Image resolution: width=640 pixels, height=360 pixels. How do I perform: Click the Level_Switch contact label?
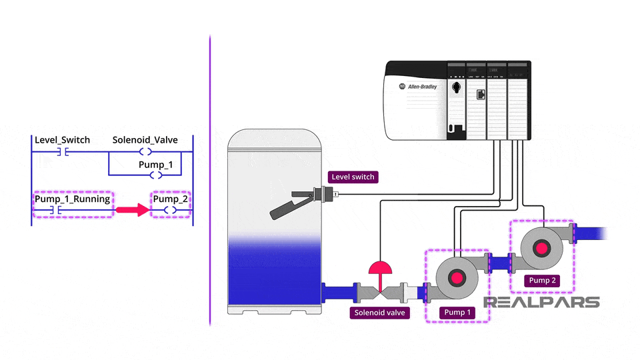(62, 140)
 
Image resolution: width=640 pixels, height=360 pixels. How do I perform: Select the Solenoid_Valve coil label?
(145, 140)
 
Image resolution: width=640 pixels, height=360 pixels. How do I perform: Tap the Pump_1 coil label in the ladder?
(155, 164)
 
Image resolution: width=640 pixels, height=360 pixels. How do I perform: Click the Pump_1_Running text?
(72, 199)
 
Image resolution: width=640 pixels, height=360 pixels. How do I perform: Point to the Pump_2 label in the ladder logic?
(171, 199)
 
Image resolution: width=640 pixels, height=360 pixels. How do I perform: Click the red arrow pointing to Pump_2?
(132, 211)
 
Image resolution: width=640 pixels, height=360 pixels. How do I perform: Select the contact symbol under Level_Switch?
(62, 153)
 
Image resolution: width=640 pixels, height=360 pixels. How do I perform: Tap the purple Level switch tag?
(353, 177)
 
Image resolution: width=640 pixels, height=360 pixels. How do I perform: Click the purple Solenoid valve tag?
(380, 312)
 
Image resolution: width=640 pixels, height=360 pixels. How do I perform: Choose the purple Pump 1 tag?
(457, 312)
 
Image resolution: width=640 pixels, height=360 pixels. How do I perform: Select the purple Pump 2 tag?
(542, 281)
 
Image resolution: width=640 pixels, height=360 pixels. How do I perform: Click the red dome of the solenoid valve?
(381, 268)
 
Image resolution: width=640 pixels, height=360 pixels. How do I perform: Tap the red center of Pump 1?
(457, 278)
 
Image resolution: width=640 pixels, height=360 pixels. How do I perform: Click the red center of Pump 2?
(541, 248)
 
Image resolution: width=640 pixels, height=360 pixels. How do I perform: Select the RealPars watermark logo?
(541, 302)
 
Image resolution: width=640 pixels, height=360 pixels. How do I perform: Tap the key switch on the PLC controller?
(456, 87)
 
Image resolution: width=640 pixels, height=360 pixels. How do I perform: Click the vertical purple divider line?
(210, 180)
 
